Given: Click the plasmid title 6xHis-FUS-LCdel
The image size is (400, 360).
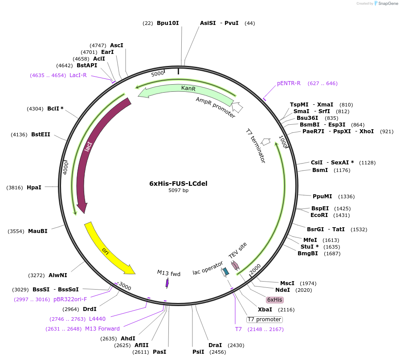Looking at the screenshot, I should [x=178, y=183].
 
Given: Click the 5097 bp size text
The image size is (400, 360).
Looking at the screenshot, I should [x=178, y=190].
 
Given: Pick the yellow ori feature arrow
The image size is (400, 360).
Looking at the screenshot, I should [x=107, y=250].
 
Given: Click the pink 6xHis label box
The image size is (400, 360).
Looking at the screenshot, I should [x=275, y=299].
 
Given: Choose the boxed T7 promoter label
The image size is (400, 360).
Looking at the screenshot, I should [x=265, y=319].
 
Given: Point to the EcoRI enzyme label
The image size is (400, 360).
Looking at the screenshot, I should [x=319, y=215].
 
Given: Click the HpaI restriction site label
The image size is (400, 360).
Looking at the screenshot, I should [x=34, y=188].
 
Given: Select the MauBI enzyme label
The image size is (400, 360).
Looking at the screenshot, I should [x=37, y=231].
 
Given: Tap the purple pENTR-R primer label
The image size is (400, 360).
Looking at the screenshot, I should [x=289, y=83].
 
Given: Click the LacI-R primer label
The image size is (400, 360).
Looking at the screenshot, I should [x=78, y=75].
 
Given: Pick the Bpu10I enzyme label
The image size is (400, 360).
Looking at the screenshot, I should [x=167, y=23].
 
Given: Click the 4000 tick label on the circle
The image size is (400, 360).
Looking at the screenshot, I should [x=65, y=168].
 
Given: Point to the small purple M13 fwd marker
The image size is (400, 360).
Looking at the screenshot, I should [x=167, y=282].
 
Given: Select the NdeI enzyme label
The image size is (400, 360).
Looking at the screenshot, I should [x=282, y=290].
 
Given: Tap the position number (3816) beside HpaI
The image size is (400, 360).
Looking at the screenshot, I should [x=15, y=188].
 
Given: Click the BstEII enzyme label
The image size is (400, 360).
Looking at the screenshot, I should [x=41, y=134].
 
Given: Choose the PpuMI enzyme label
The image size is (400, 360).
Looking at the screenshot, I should [x=322, y=196].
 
